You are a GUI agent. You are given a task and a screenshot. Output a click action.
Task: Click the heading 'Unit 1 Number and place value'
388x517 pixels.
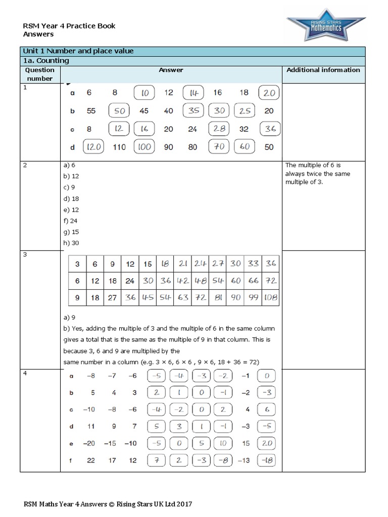(78, 51)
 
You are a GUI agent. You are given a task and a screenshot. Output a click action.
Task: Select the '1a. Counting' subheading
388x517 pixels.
(46, 61)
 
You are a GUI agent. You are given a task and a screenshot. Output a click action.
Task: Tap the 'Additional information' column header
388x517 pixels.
(323, 70)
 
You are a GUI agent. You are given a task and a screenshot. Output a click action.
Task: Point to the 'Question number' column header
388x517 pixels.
(39, 74)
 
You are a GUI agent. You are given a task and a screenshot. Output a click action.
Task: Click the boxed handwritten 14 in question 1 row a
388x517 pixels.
(193, 93)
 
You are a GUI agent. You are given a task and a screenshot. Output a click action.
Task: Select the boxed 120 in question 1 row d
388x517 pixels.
(93, 147)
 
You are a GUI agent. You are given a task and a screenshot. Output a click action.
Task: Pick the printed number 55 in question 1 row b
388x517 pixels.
(91, 111)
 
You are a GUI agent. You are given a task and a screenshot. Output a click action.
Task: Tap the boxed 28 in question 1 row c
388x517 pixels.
(219, 129)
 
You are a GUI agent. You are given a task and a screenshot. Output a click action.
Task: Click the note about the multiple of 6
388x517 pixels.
(318, 173)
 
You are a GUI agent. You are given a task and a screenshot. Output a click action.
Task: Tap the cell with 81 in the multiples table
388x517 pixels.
(218, 298)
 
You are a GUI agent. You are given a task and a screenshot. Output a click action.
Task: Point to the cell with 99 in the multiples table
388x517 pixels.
(253, 298)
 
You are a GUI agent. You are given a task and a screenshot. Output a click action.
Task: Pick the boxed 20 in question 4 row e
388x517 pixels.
(267, 443)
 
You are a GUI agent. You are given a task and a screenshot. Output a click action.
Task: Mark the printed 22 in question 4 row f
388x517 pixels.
(91, 460)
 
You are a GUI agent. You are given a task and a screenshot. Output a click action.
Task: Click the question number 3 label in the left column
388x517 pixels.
(25, 254)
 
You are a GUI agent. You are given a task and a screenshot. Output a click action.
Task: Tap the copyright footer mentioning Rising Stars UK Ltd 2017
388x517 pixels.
(108, 504)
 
